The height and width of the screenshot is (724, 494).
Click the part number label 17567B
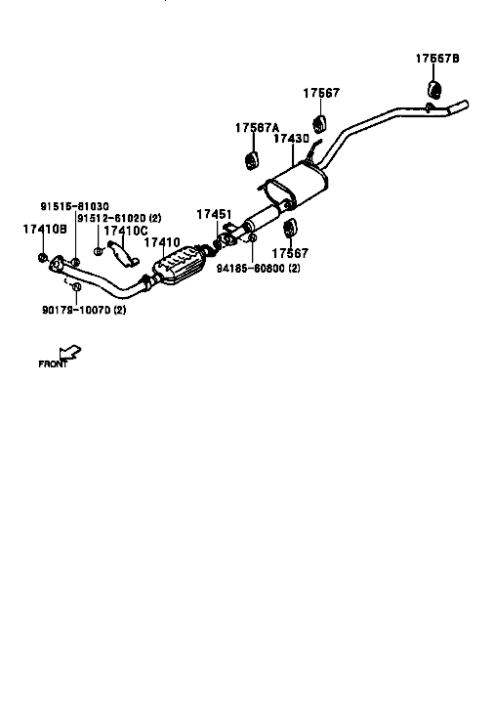[437, 59]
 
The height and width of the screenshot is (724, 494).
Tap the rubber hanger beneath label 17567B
[434, 89]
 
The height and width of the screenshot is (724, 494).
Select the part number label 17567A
[257, 128]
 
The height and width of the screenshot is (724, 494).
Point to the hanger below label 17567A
[251, 159]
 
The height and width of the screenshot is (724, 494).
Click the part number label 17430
[291, 139]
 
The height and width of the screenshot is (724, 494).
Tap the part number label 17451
[214, 214]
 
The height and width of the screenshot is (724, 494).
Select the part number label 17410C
[126, 231]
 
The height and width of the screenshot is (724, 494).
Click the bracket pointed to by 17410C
[123, 254]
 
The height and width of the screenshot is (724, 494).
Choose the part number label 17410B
[45, 229]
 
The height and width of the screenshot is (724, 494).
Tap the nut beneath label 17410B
[42, 257]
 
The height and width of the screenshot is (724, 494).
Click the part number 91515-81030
[74, 206]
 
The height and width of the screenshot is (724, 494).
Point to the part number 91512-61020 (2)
[119, 218]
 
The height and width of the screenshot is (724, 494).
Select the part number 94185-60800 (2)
[259, 269]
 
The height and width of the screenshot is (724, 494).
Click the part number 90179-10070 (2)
[84, 310]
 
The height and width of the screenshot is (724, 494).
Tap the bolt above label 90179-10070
[77, 286]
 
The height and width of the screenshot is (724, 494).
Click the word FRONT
[53, 364]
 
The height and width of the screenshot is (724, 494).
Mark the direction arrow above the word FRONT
[69, 353]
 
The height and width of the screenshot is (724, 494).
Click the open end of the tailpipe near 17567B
[466, 104]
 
